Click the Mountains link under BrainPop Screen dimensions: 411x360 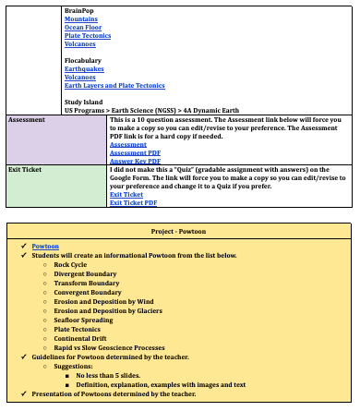click(80, 18)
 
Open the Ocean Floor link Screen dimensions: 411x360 click(83, 27)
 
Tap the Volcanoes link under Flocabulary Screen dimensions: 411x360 click(79, 78)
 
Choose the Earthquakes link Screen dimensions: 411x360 click(84, 68)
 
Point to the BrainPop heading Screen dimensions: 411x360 click(79, 9)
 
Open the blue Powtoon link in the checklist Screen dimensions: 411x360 click(45, 247)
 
